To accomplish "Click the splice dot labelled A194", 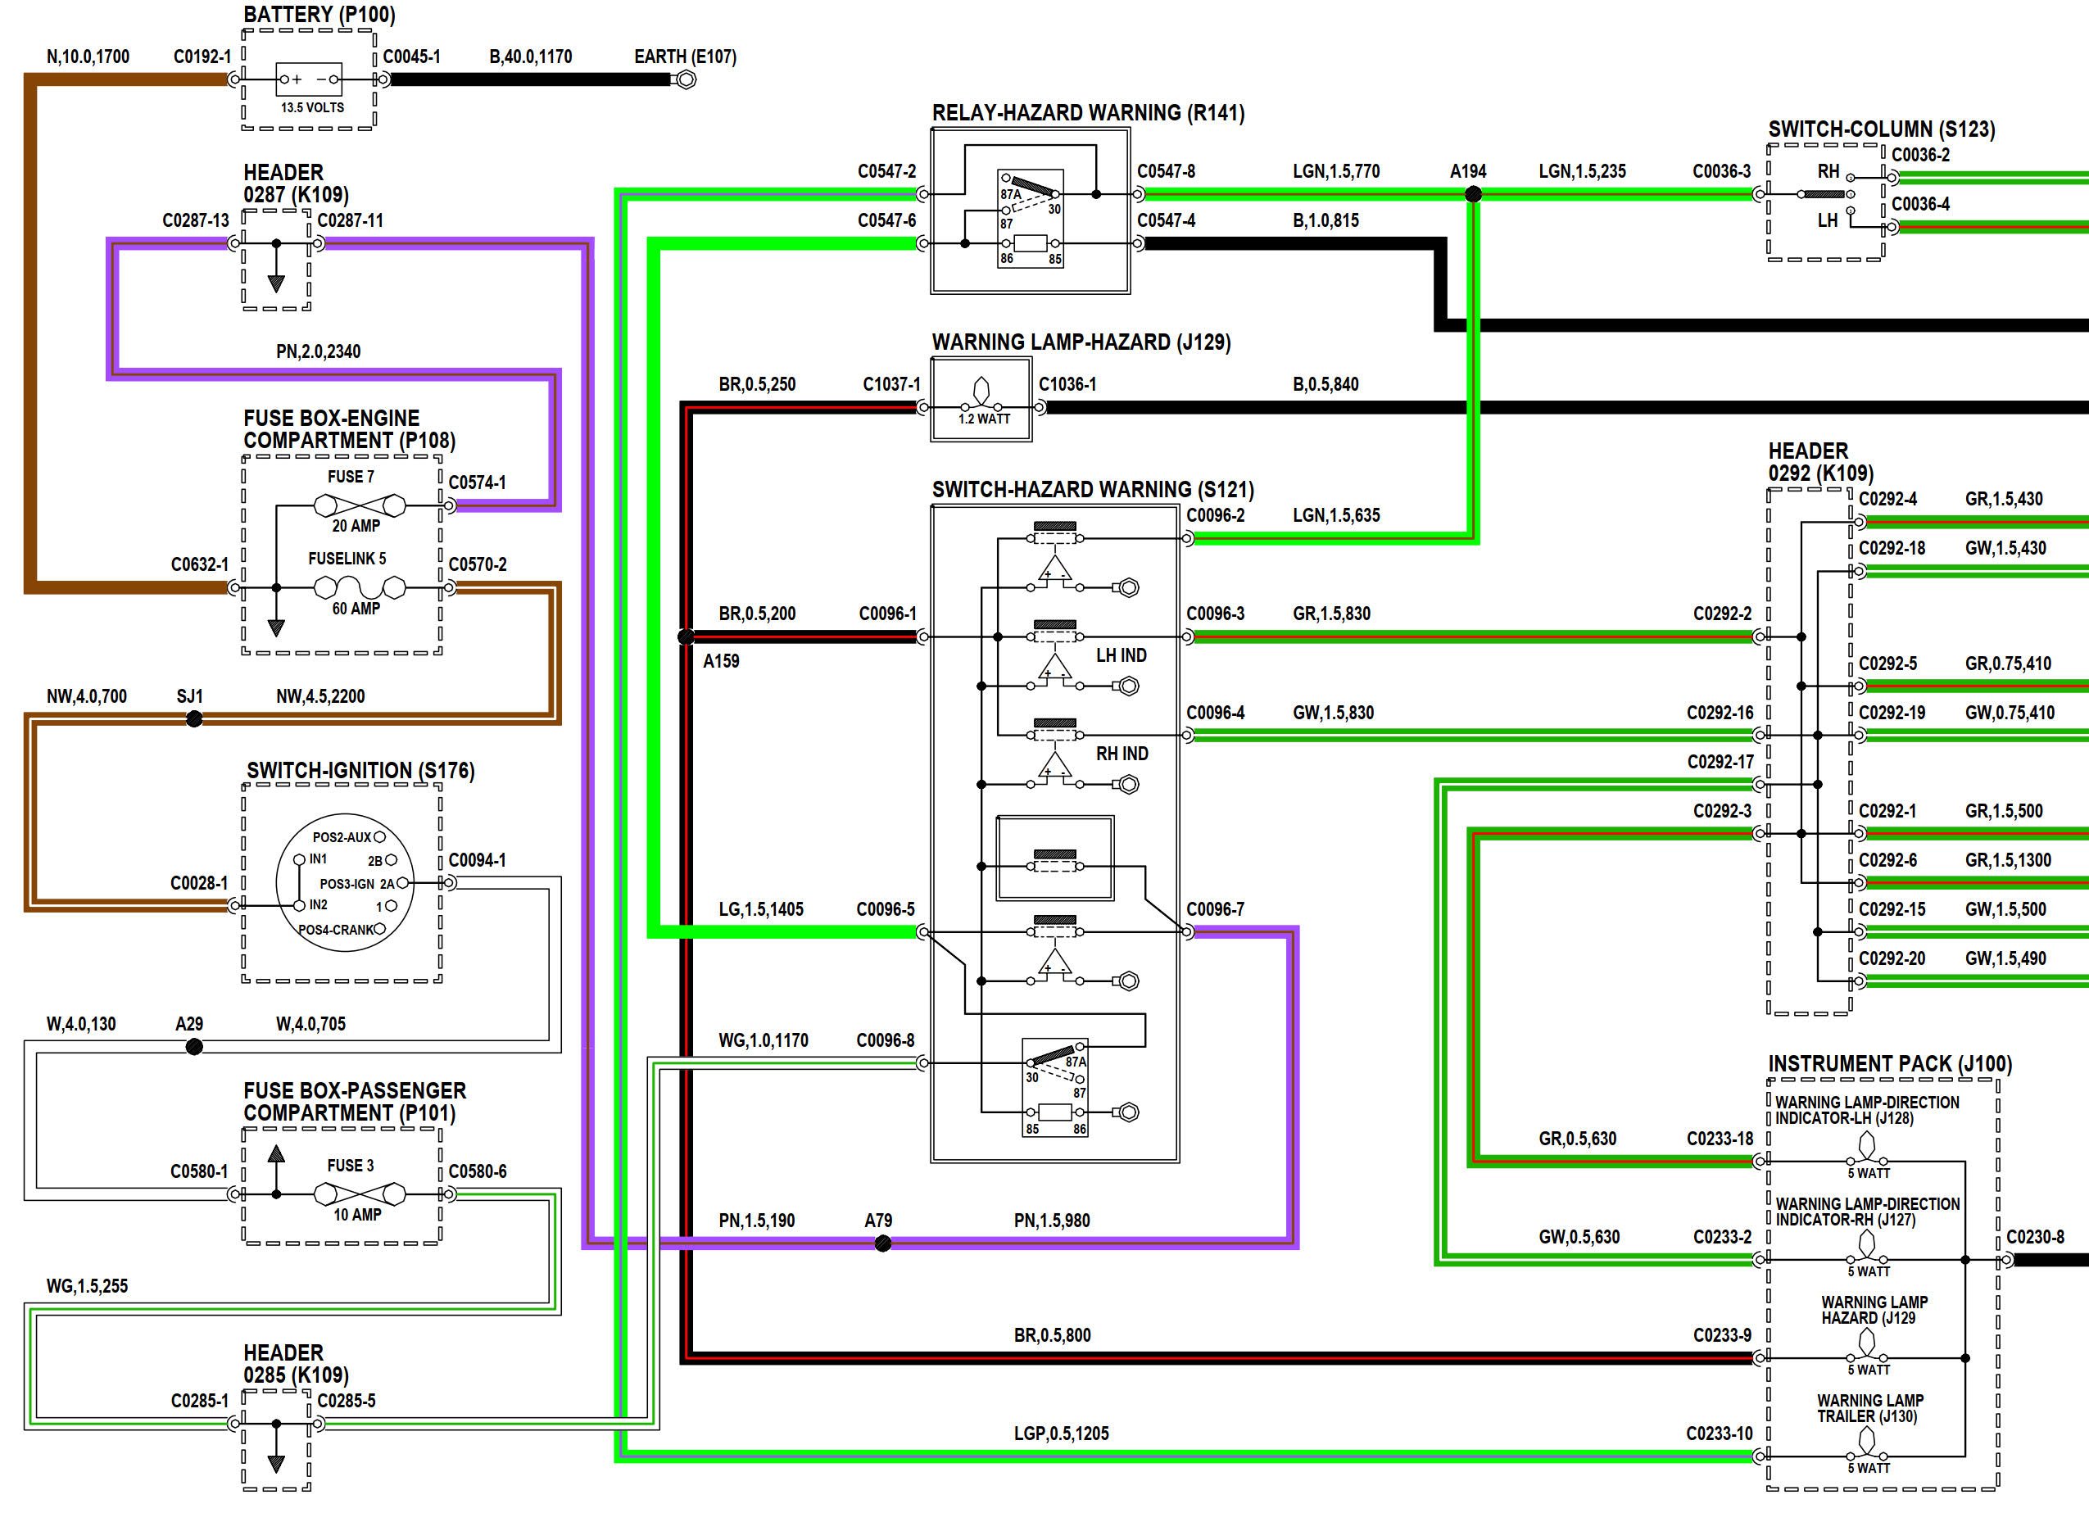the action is [x=1474, y=194].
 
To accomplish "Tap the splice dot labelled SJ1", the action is [x=193, y=718].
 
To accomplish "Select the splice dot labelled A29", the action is [x=193, y=1047].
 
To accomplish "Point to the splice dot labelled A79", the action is [x=883, y=1243].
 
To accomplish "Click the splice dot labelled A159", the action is [x=686, y=636].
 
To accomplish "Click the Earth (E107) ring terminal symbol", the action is [x=686, y=80].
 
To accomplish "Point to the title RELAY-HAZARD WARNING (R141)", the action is [x=1088, y=112].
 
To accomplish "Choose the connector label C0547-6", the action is [x=886, y=220].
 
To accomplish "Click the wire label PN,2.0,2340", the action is [x=318, y=351].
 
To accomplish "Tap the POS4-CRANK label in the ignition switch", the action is [x=337, y=930].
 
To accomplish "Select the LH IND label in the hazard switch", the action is [x=1122, y=655].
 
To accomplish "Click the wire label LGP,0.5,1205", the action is [x=1062, y=1434].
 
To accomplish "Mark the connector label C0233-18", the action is [x=1720, y=1139].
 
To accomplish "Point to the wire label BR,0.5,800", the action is [x=1053, y=1335].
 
